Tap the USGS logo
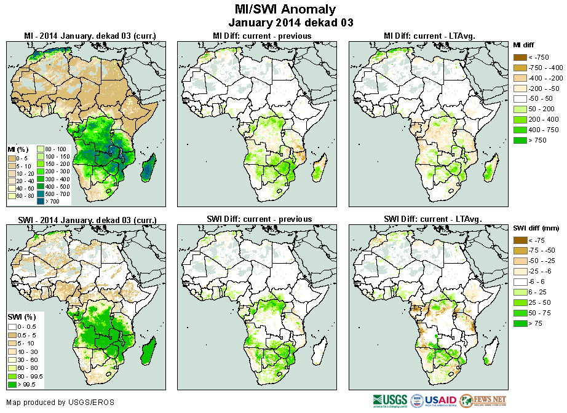(390, 400)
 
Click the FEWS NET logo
(482, 400)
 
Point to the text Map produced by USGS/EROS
(60, 403)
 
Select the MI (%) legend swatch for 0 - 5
(12, 158)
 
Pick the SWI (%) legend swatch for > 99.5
(12, 385)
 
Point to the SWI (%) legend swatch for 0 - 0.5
(12, 326)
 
